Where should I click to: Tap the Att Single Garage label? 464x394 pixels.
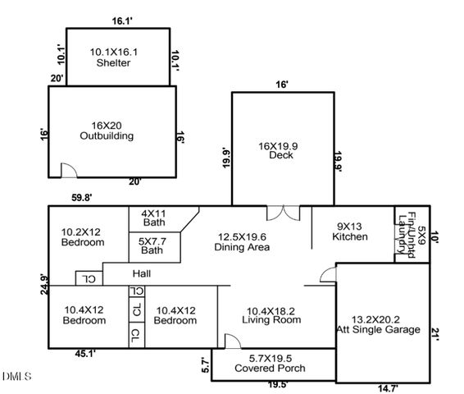point(384,324)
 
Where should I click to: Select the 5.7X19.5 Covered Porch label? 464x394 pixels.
point(271,363)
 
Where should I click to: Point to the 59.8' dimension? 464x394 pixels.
point(80,197)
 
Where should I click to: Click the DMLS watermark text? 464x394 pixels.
point(16,377)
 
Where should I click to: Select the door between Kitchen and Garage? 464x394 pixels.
point(328,275)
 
